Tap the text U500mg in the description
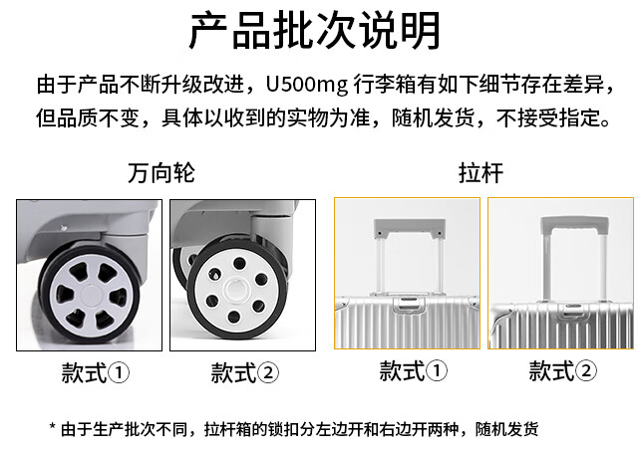303,81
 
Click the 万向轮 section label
161,173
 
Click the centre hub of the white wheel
236,291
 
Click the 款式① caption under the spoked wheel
96,374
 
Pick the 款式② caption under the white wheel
245,374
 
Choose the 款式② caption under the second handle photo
562,372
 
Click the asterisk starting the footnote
53,428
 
